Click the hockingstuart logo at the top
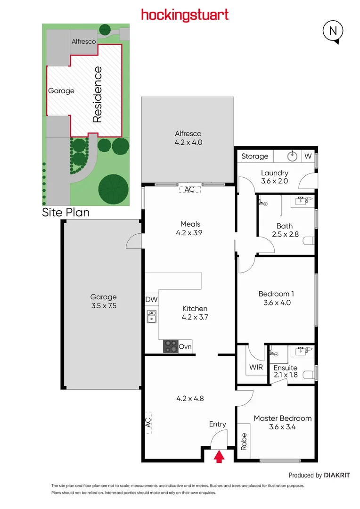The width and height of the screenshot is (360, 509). tap(185, 15)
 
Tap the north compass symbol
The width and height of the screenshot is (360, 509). tap(333, 32)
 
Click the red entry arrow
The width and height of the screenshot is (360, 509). tap(219, 457)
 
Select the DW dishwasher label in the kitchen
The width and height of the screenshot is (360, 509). tap(151, 299)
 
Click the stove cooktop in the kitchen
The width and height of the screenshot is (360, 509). tap(171, 346)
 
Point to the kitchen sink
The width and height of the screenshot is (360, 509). tap(152, 317)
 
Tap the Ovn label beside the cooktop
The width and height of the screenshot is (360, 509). tap(185, 347)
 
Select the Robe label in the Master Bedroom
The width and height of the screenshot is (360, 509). tap(244, 442)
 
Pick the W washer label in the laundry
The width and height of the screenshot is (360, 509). tap(308, 156)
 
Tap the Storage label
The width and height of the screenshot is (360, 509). tap(254, 156)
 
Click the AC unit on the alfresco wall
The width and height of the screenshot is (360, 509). tap(189, 189)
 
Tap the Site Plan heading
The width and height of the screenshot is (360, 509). tap(66, 212)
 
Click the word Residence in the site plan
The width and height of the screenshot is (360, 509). tap(97, 95)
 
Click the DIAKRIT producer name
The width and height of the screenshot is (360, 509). tap(337, 475)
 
